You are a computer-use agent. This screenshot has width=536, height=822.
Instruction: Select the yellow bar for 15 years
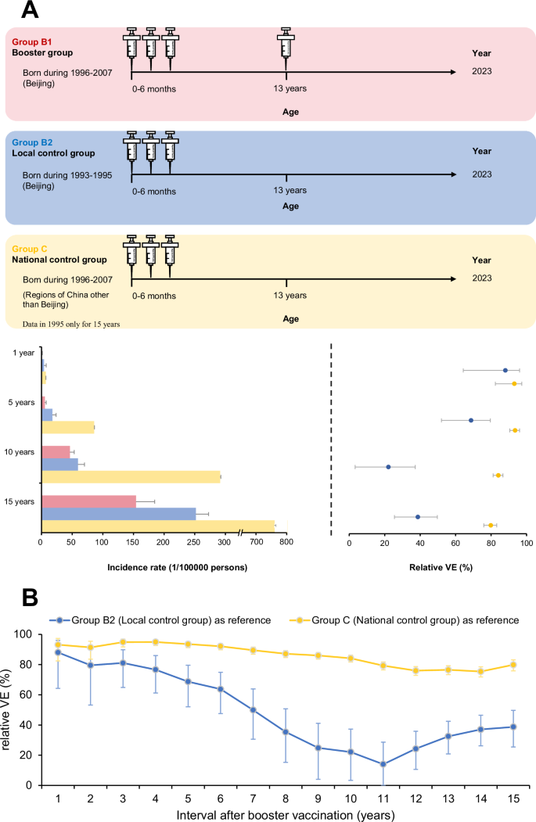pos(156,526)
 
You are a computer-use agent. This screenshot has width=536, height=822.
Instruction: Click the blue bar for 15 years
pos(118,513)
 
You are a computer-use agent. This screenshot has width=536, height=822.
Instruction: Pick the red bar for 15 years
pos(88,501)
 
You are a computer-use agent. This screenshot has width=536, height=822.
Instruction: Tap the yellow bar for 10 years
pos(130,476)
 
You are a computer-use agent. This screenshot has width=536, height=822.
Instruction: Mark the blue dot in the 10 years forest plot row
pos(388,467)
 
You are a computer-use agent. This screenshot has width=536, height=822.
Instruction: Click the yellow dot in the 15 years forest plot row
pos(491,526)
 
